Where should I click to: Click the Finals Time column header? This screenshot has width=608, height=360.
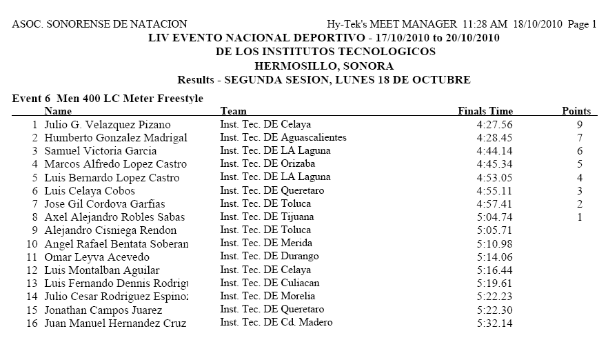pyautogui.click(x=485, y=111)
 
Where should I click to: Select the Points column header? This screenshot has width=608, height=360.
pyautogui.click(x=576, y=111)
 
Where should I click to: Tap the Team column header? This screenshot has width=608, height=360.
pyautogui.click(x=233, y=111)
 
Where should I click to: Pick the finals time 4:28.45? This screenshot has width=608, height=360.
pyautogui.click(x=494, y=138)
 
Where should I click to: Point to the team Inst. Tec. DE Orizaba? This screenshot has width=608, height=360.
pyautogui.click(x=267, y=164)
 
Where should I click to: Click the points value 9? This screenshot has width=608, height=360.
pyautogui.click(x=580, y=125)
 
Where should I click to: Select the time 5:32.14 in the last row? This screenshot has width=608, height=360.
pyautogui.click(x=494, y=323)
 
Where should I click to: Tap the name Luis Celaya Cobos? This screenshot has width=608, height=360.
pyautogui.click(x=90, y=191)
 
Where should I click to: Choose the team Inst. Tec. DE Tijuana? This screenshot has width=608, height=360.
pyautogui.click(x=265, y=217)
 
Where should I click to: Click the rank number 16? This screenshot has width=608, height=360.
pyautogui.click(x=32, y=323)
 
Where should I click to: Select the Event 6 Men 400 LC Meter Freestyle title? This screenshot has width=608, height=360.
pyautogui.click(x=108, y=99)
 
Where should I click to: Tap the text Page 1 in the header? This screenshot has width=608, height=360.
pyautogui.click(x=583, y=24)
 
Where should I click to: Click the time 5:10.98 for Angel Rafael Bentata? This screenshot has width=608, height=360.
pyautogui.click(x=494, y=244)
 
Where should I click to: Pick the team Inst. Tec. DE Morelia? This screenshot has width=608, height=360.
pyautogui.click(x=265, y=297)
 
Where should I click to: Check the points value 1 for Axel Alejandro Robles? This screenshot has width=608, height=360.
pyautogui.click(x=580, y=217)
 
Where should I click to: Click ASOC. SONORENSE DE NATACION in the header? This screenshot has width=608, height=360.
pyautogui.click(x=99, y=24)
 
